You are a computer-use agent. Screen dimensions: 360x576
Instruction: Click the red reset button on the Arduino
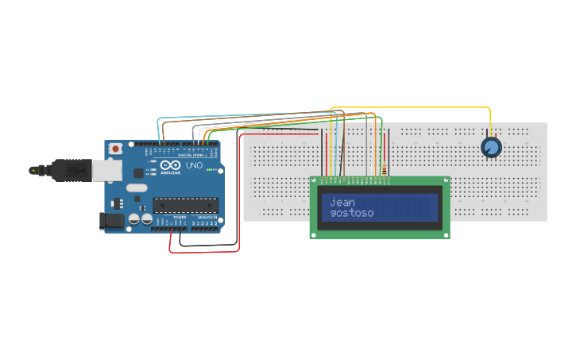116,148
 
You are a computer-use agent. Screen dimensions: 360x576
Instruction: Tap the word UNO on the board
194,165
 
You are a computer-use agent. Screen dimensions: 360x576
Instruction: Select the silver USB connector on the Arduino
106,168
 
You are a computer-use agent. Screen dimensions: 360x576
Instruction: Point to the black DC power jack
111,221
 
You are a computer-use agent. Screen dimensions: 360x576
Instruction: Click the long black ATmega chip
185,205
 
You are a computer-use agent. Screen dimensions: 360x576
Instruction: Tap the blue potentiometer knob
491,147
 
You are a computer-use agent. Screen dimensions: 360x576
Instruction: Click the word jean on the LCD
342,202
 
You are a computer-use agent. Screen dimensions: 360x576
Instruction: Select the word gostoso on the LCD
351,213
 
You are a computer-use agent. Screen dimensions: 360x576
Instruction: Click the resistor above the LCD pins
385,169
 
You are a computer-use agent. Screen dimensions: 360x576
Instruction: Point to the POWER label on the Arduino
180,217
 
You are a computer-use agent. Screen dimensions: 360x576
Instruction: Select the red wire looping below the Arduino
203,252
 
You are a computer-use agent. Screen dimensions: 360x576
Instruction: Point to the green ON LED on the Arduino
210,169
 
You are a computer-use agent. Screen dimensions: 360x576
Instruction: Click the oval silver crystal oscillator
137,188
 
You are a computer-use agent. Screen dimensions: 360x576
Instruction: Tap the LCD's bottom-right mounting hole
446,234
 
